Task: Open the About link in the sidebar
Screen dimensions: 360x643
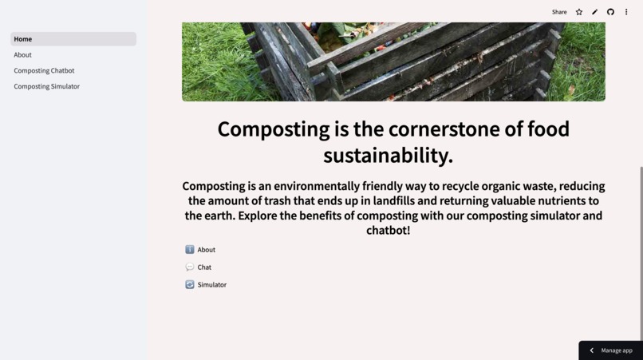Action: tap(23, 55)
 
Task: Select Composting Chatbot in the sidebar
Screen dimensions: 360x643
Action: tap(44, 70)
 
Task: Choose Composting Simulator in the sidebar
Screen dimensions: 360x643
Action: tap(46, 86)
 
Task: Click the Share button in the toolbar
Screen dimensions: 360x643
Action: tap(559, 12)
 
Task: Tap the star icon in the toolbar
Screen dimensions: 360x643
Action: tap(579, 12)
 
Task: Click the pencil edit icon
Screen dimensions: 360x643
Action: tap(594, 12)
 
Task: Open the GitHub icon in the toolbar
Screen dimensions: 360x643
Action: tap(610, 12)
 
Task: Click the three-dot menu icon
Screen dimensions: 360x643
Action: tap(626, 12)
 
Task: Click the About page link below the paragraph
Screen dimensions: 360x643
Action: tap(206, 250)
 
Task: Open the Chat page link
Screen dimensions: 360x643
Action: tap(204, 267)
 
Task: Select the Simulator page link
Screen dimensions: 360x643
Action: tap(211, 285)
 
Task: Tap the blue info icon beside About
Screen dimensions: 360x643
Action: tap(190, 250)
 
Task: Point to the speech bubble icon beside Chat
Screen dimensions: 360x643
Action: tap(190, 267)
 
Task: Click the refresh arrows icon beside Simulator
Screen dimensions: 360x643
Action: tap(190, 285)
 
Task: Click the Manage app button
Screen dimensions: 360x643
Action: tap(616, 350)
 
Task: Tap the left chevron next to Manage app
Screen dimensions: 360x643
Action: tap(592, 350)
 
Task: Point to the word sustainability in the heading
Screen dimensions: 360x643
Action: tap(388, 155)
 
